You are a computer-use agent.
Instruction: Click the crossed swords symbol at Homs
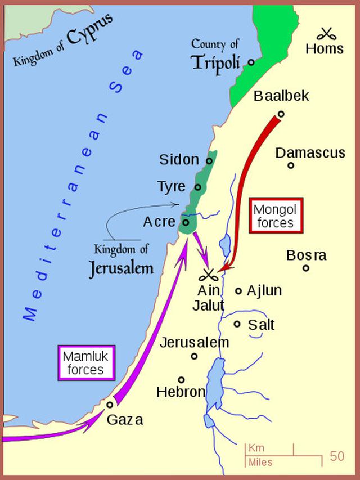point(325,33)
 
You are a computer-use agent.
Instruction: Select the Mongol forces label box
point(276,216)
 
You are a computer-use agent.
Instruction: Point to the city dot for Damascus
point(291,165)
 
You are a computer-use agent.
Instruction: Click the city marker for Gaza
point(110,403)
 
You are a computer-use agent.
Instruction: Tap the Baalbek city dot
point(281,114)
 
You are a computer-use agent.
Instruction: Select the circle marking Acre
point(186,222)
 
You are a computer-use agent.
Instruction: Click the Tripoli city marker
point(251,62)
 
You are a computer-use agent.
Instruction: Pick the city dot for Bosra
point(306,268)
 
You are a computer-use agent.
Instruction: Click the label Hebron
point(181,392)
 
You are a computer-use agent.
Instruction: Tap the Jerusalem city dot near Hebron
point(194,356)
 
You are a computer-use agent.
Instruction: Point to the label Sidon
point(179,160)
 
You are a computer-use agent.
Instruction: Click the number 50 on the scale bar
point(337,456)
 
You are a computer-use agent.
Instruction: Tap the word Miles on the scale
point(260,463)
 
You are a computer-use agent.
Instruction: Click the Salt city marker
point(237,324)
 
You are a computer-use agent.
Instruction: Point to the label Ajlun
point(264,291)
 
